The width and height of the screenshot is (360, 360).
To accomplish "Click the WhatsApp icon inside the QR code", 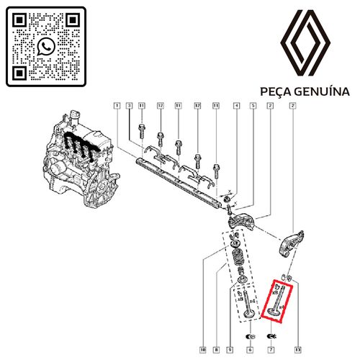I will [x=45, y=45].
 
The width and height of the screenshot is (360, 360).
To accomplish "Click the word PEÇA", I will [x=275, y=91].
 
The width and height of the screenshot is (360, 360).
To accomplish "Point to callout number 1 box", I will [x=116, y=107].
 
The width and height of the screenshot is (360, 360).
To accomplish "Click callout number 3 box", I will [x=129, y=107].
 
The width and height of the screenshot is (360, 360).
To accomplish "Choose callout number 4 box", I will [x=236, y=107].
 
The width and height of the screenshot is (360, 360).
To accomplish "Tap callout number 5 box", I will [x=253, y=107].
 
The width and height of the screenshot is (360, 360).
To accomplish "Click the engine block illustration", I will [x=76, y=155].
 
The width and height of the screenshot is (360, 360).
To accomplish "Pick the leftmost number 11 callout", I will [x=142, y=107].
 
